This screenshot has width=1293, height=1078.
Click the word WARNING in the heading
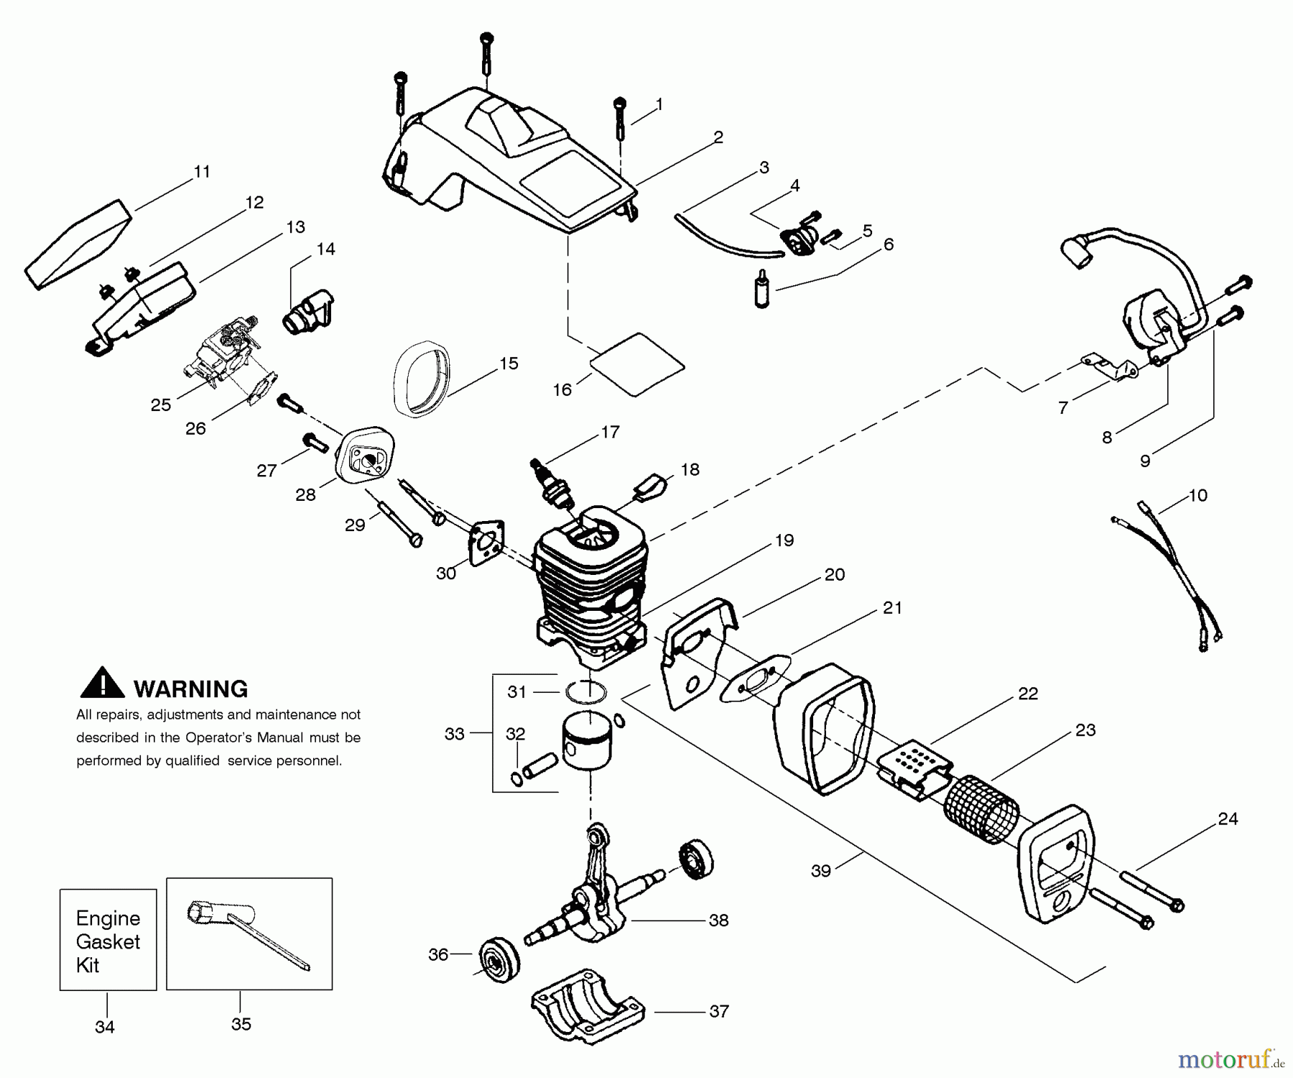[190, 689]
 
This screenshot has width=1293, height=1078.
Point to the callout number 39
[820, 870]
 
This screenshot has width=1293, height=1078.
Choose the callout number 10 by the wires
[1197, 495]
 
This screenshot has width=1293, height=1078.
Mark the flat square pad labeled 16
[638, 364]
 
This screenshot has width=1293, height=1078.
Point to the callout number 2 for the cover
[718, 137]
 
